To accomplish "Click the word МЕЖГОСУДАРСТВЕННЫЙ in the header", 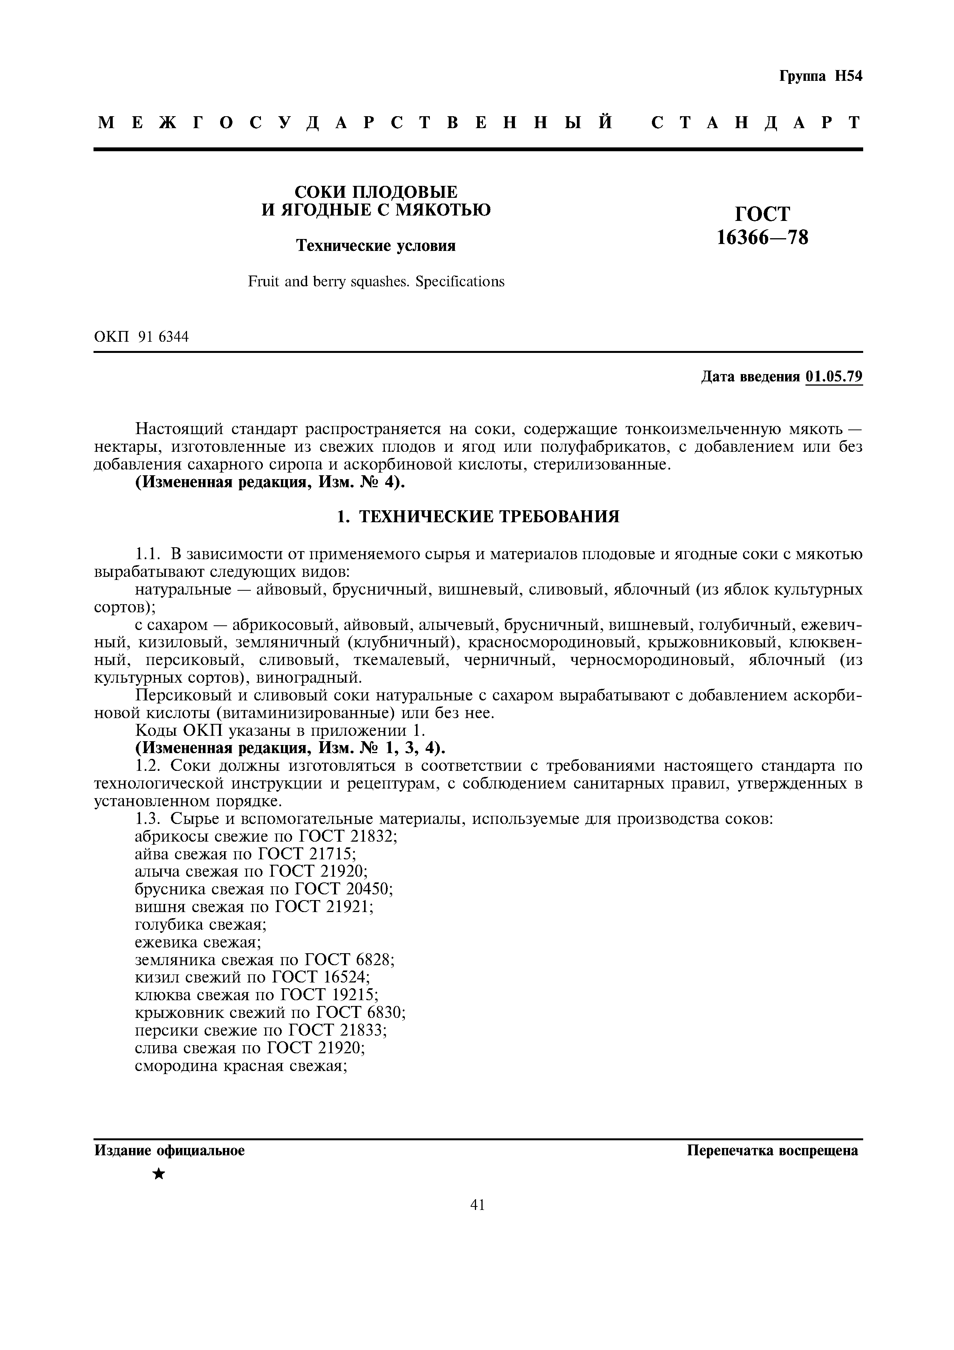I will tap(355, 123).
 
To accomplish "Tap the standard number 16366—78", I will tap(762, 237).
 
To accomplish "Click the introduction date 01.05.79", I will tap(834, 377).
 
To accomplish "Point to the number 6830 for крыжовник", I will tap(385, 1013).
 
